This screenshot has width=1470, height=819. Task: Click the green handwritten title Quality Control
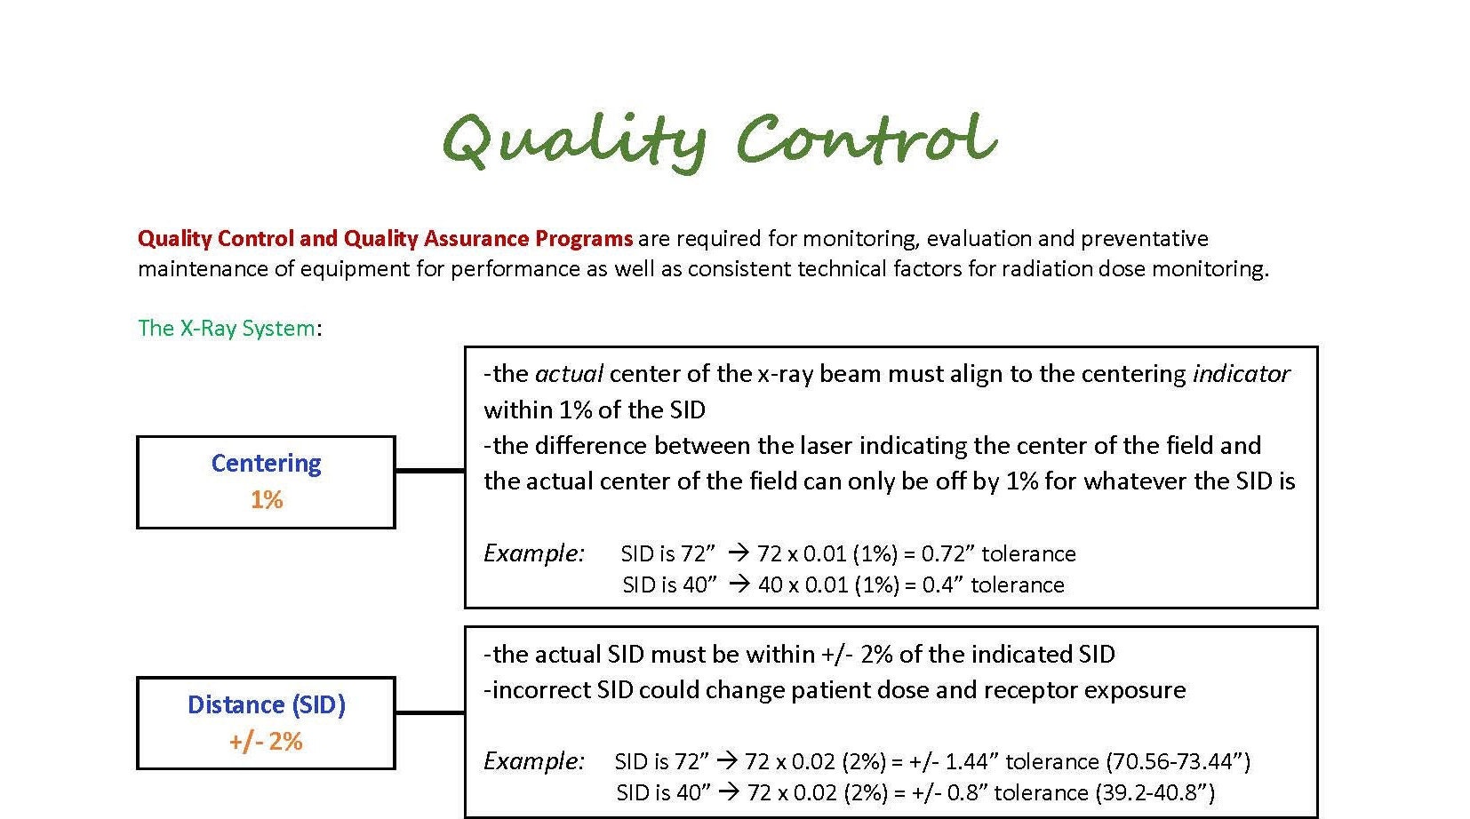pos(720,141)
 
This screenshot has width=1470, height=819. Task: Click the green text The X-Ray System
pos(227,328)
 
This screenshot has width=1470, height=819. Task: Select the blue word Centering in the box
pos(266,464)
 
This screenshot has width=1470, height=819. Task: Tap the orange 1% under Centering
pos(267,500)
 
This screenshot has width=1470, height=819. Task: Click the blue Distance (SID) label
pos(267,705)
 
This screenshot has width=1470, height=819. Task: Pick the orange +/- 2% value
pos(266,742)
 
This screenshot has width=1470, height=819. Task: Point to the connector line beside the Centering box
pos(430,470)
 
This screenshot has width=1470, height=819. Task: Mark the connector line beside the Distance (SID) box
pos(430,712)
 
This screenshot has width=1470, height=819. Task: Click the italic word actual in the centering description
pos(569,374)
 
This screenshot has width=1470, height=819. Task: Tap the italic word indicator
pos(1242,374)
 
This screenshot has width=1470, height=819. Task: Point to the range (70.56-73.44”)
pos(1178,762)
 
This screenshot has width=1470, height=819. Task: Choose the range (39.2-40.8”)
pos(1155,792)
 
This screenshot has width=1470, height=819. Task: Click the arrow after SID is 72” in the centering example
pos(739,553)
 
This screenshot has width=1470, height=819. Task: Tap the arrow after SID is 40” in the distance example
pos(729,792)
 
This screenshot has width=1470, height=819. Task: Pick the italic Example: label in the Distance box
pos(533,761)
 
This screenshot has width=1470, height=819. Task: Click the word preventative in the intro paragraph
pos(1145,239)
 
